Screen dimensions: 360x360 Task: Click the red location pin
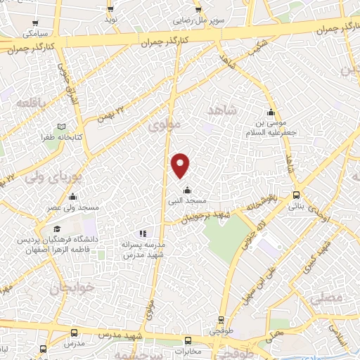coord(181,165)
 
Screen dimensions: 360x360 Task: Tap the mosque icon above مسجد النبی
coord(187,190)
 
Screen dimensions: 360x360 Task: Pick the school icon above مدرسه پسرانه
coord(143,233)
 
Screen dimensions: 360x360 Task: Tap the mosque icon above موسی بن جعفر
coord(271,112)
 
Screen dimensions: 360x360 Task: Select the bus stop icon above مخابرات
coord(187,339)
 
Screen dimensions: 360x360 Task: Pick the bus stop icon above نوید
coord(110,9)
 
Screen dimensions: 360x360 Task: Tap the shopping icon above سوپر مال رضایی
coord(198,9)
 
